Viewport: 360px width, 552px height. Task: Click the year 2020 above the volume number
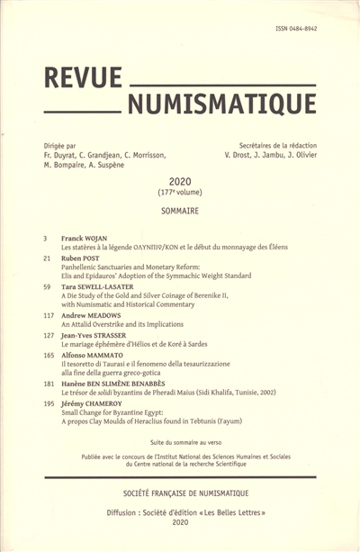point(180,180)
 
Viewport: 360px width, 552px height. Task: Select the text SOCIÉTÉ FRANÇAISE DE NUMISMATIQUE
point(179,496)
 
